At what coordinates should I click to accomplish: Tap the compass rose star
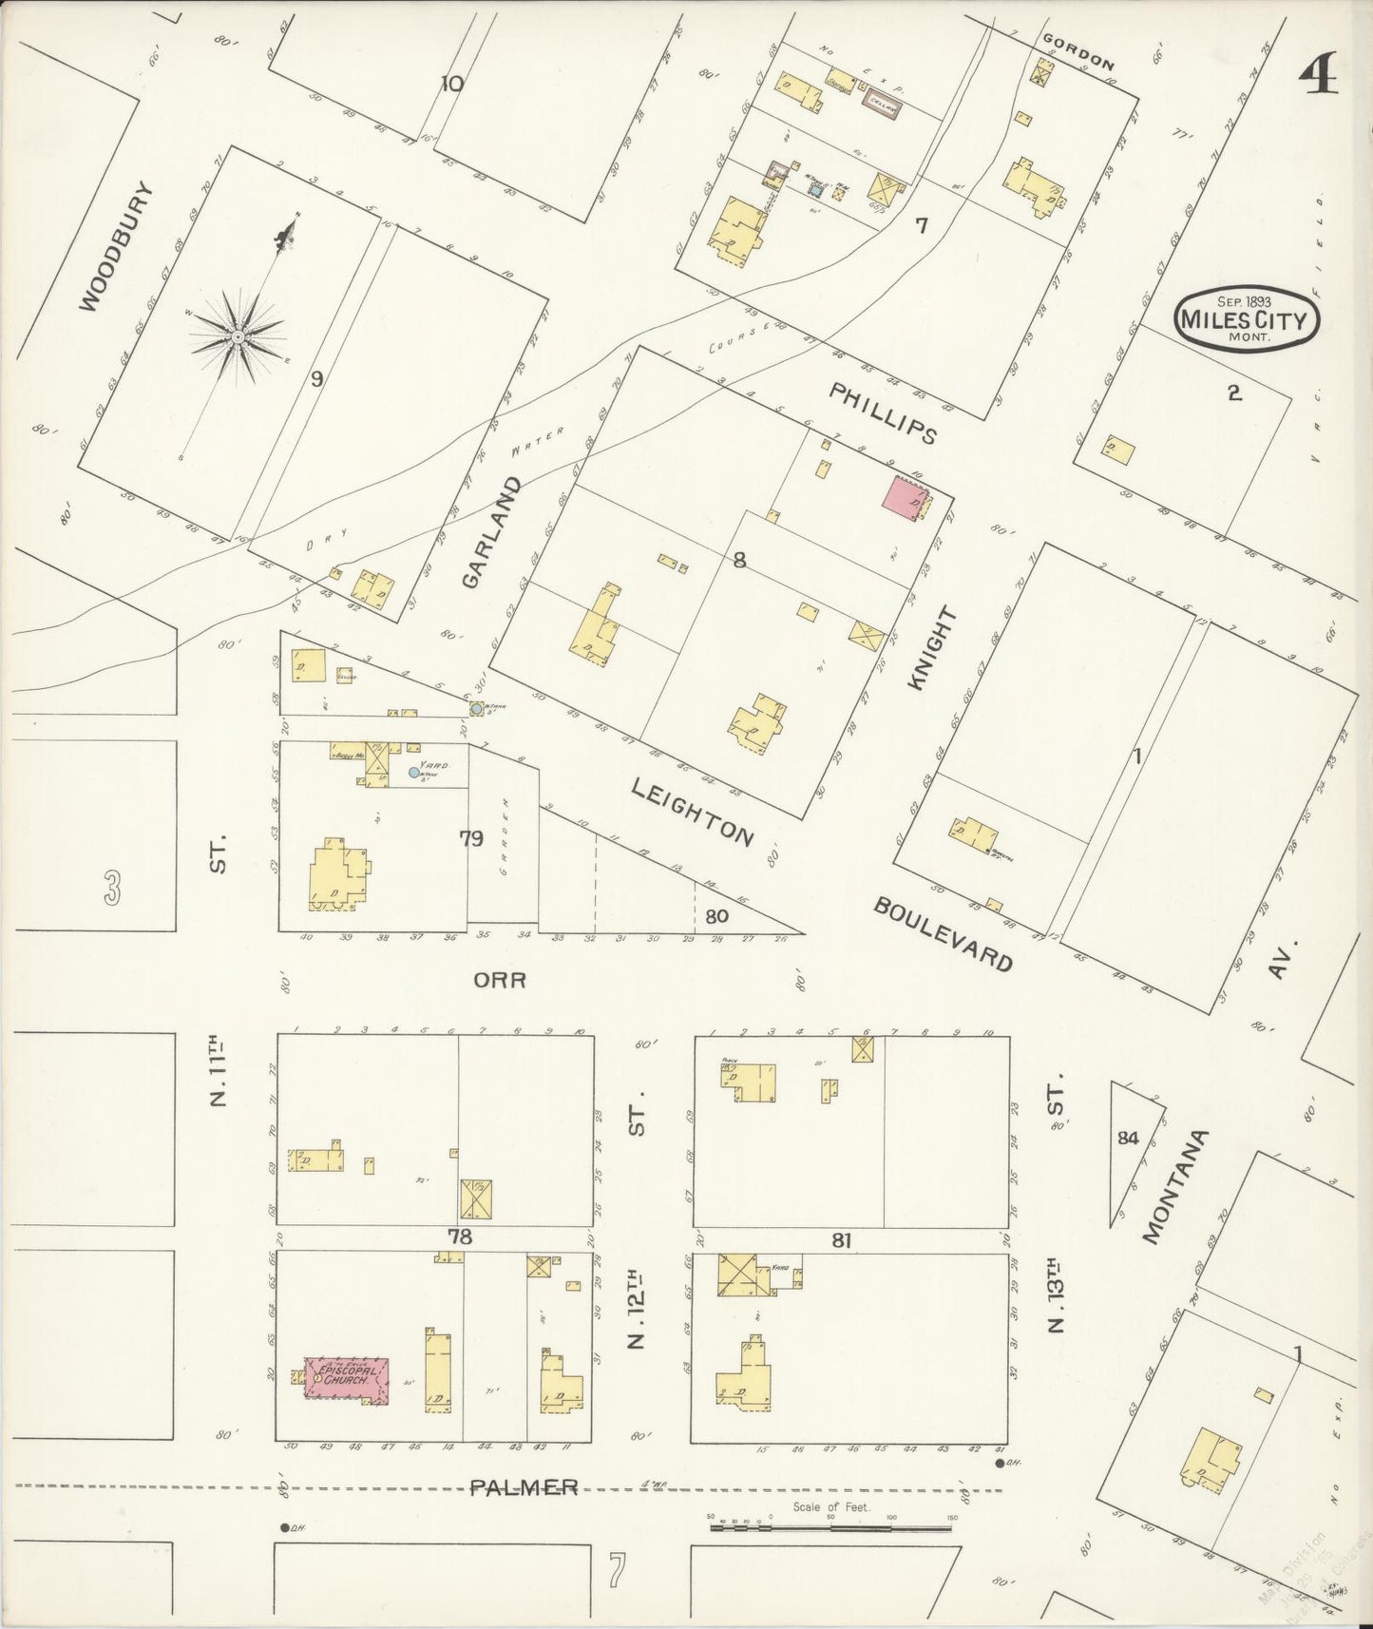[x=238, y=336]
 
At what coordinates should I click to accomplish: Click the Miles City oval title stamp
[x=1246, y=318]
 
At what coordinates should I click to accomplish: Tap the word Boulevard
[x=942, y=932]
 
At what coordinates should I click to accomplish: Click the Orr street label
[x=501, y=979]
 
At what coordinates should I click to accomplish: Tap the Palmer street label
[x=524, y=1487]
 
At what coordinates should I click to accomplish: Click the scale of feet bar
[x=831, y=1528]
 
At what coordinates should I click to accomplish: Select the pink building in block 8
[x=906, y=499]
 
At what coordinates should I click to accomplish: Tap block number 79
[x=472, y=837]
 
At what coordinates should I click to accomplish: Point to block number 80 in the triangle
[x=716, y=916]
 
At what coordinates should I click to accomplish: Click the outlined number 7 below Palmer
[x=617, y=1570]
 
